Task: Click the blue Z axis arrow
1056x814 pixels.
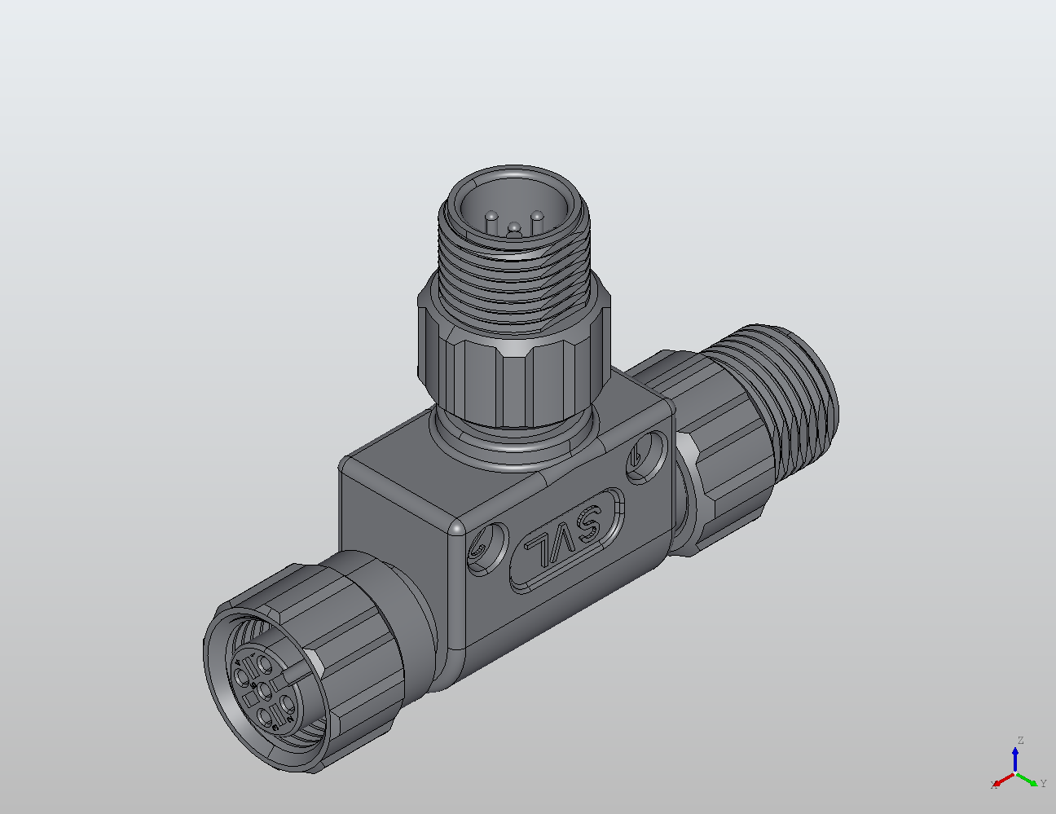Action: click(x=1015, y=759)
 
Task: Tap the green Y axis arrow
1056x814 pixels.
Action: click(x=1028, y=778)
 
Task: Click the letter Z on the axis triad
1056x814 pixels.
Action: click(x=1019, y=741)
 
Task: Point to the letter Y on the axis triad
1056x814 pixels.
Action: click(x=1044, y=784)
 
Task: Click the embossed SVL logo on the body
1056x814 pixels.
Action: click(x=568, y=540)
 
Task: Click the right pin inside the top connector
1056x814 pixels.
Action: click(x=537, y=218)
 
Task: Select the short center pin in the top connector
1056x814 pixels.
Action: click(x=514, y=231)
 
